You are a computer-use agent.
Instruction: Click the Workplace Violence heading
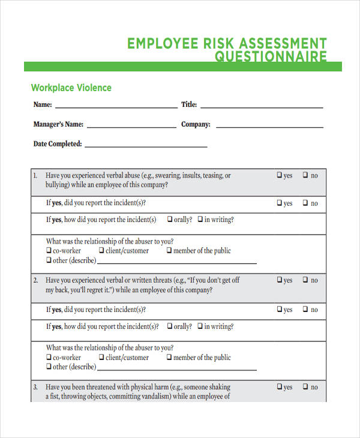coord(71,88)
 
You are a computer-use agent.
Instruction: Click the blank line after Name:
coord(115,107)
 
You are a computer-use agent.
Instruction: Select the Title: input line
coord(262,107)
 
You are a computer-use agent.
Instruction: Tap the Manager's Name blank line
coord(131,127)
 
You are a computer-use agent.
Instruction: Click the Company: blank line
coord(269,127)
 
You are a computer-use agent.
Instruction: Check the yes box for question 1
coord(280,175)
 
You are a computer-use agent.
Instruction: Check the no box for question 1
coord(305,175)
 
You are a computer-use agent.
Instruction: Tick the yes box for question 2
coord(280,280)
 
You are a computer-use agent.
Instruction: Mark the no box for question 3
coord(305,387)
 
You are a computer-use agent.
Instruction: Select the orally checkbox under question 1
coord(170,220)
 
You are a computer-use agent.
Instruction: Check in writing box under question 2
coord(200,326)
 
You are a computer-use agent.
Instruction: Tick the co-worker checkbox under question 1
coord(49,251)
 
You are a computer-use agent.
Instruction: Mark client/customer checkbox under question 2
coord(101,358)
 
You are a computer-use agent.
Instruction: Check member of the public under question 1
coord(169,251)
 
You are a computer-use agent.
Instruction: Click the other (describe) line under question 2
coord(176,368)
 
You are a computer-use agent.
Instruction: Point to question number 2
coord(35,280)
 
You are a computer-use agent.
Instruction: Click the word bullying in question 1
coord(58,185)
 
